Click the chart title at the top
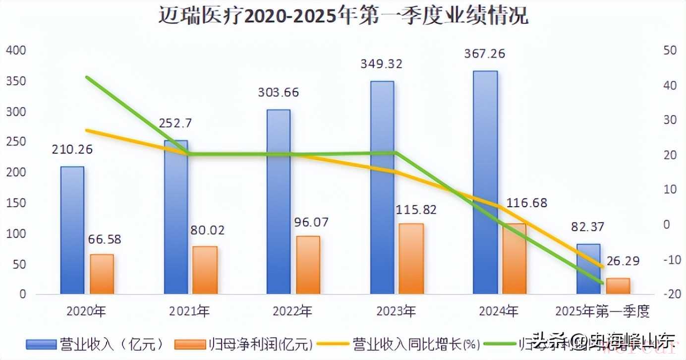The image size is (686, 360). point(343,16)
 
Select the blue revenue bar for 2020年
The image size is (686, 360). point(72,231)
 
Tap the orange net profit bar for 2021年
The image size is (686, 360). point(205,270)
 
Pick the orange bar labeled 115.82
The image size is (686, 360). point(411,259)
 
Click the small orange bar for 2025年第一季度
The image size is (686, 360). point(618,286)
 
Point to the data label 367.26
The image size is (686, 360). point(485,54)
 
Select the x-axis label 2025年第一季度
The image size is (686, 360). point(602,311)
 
